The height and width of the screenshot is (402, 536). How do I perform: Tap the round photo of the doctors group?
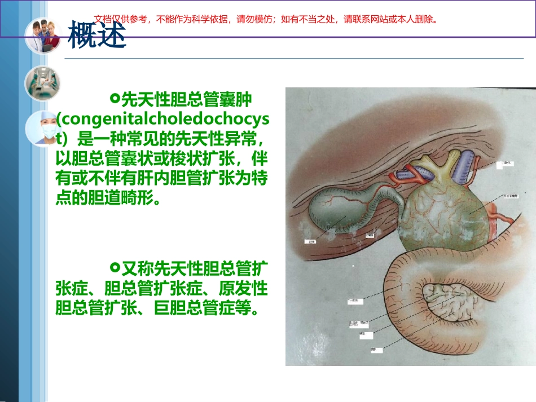[x=42, y=36]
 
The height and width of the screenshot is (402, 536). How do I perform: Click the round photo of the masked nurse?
[x=42, y=129]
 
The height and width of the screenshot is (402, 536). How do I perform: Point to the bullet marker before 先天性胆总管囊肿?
[x=115, y=99]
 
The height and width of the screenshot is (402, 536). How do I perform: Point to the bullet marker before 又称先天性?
[x=115, y=266]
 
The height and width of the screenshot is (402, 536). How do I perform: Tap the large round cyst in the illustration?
[x=446, y=214]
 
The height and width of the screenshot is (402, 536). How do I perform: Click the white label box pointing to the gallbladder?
[x=310, y=241]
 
